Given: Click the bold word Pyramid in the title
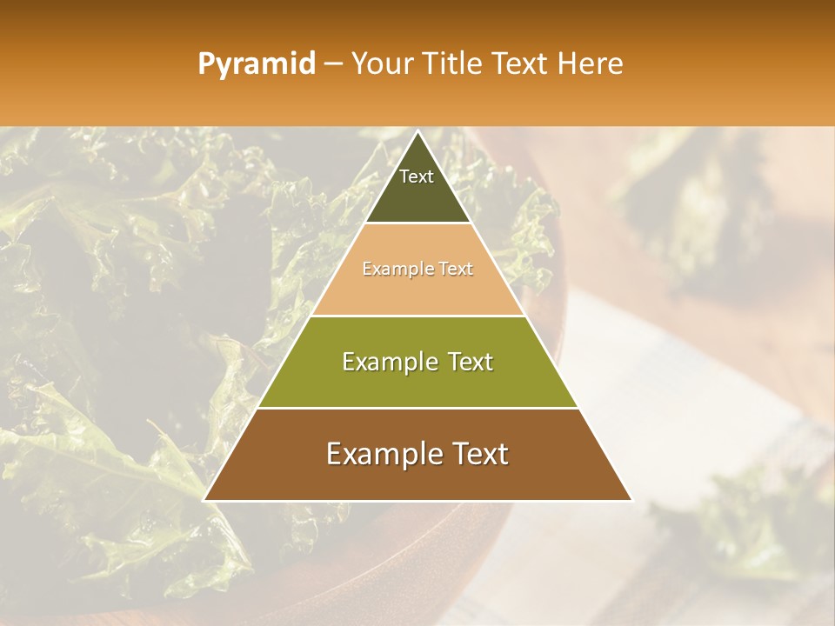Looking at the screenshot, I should pyautogui.click(x=257, y=64).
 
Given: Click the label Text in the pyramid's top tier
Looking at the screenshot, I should pyautogui.click(x=417, y=176).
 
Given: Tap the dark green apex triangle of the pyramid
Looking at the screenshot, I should pyautogui.click(x=417, y=196).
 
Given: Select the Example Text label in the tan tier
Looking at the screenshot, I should pyautogui.click(x=417, y=269).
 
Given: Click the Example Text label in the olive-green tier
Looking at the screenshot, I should pyautogui.click(x=417, y=362).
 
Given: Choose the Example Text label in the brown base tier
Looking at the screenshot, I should pyautogui.click(x=417, y=454).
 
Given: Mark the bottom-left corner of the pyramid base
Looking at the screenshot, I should pyautogui.click(x=205, y=500).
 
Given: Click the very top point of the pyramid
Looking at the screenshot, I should pyautogui.click(x=417, y=131).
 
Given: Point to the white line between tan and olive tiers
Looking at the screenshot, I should pyautogui.click(x=417, y=316).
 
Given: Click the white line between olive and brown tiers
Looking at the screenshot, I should pyautogui.click(x=417, y=408).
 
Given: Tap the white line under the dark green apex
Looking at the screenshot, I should pyautogui.click(x=417, y=223).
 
